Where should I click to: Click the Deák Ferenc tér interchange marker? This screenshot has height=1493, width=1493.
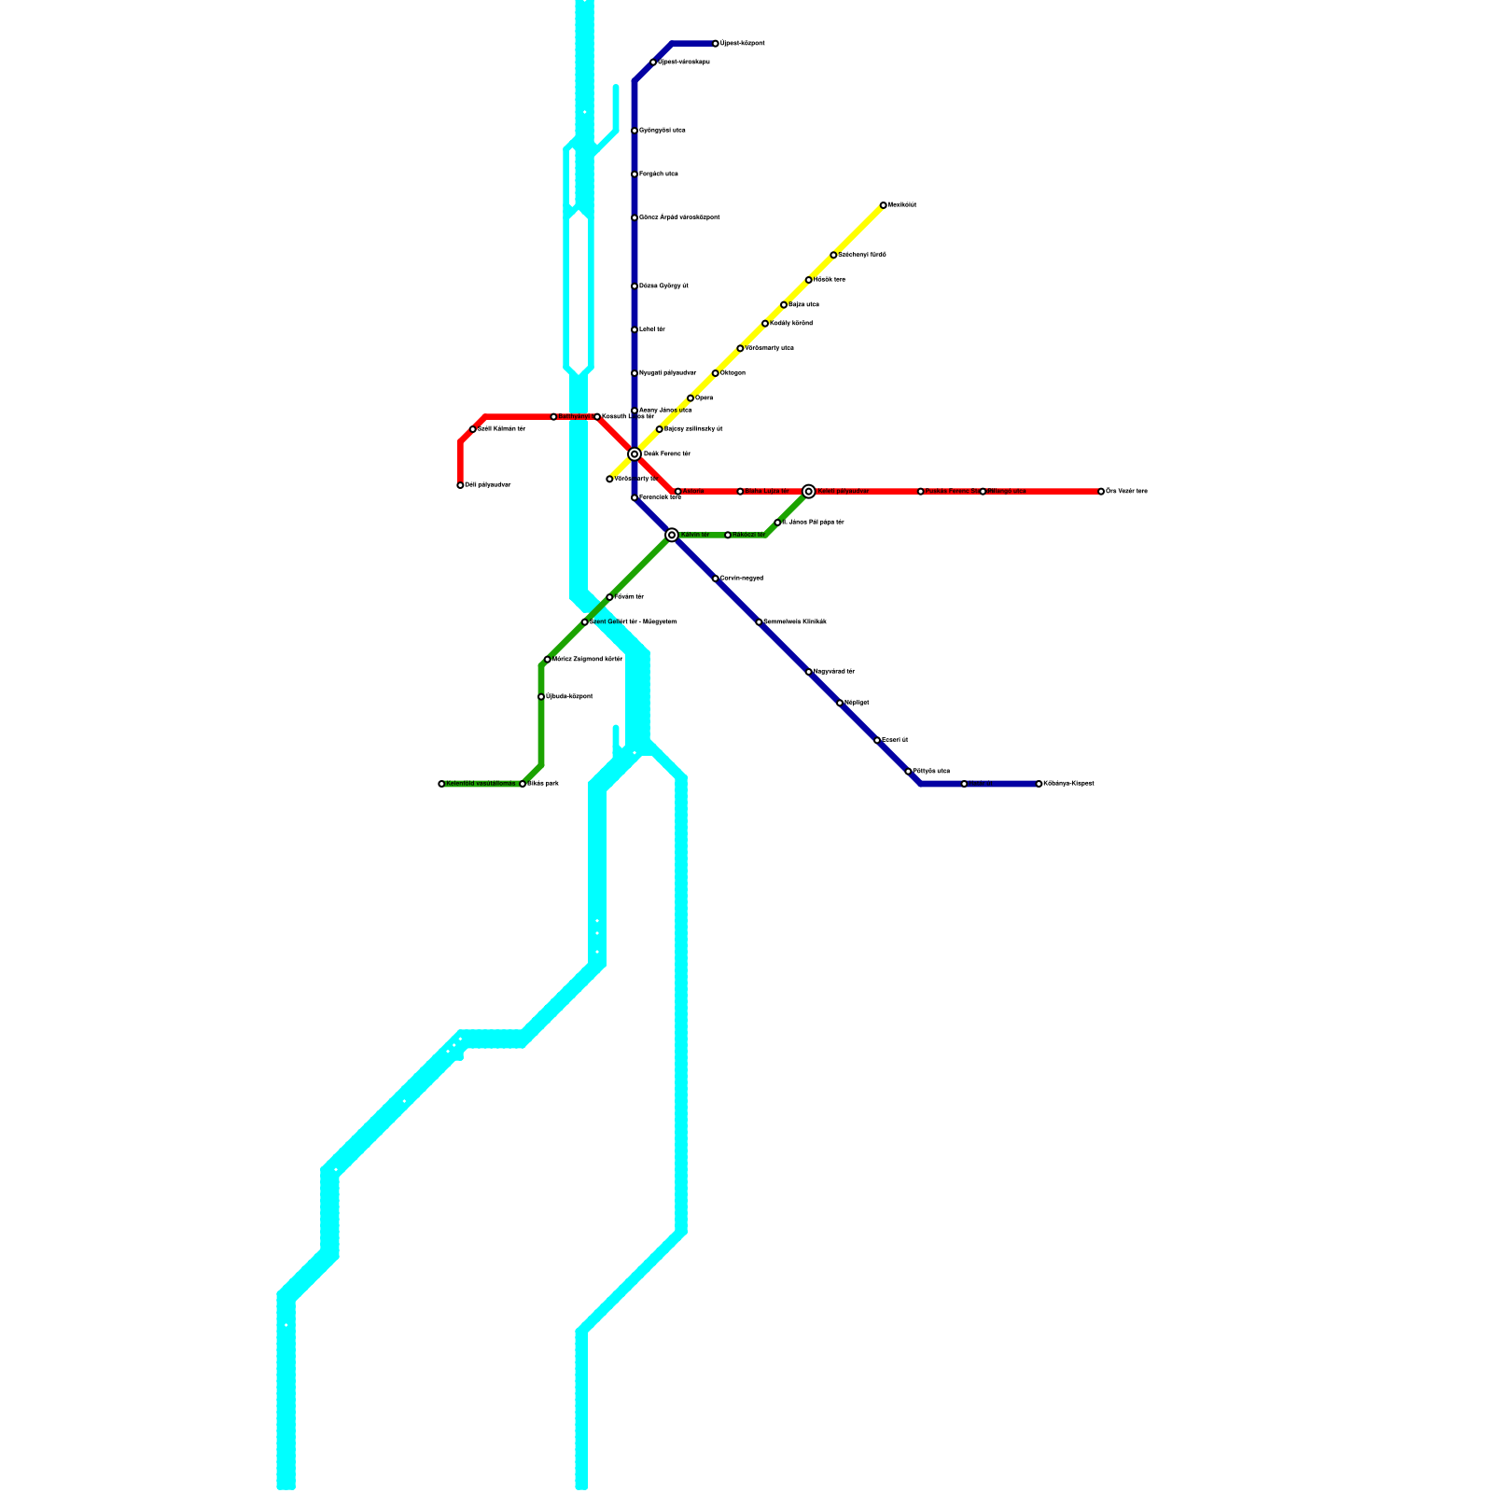[x=635, y=454]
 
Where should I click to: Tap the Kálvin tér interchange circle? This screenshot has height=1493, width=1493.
[x=672, y=535]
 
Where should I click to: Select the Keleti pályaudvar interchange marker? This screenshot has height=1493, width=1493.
[x=809, y=492]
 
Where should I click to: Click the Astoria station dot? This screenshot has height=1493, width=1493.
[x=678, y=492]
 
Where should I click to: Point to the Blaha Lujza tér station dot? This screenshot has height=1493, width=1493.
[x=740, y=492]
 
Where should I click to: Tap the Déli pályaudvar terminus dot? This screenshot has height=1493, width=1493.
[x=460, y=485]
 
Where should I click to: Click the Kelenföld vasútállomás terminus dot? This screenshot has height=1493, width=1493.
[x=441, y=784]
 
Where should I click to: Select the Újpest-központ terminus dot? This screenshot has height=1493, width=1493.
[x=716, y=44]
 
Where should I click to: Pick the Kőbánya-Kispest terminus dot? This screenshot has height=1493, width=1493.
[x=1039, y=784]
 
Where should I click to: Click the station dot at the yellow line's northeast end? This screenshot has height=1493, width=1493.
[x=884, y=205]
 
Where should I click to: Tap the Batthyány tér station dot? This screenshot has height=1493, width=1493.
[x=553, y=417]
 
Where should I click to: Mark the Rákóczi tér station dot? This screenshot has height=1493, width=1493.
[x=728, y=535]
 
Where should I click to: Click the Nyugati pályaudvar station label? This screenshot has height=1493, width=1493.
[x=667, y=373]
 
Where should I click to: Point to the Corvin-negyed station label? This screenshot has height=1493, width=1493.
[x=742, y=579]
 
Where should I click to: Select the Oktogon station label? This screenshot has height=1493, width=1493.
[x=733, y=373]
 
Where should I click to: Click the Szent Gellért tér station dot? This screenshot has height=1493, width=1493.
[x=585, y=622]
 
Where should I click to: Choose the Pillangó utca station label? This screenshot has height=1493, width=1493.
[x=1007, y=492]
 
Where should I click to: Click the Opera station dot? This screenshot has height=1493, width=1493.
[x=691, y=398]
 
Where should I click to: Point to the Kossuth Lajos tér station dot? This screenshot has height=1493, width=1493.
[x=597, y=417]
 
